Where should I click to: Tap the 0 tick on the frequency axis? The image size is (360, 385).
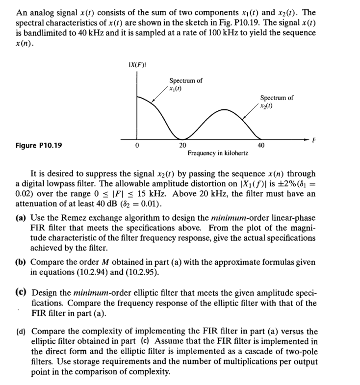coord(138,145)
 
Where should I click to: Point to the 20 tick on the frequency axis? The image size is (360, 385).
coord(182,145)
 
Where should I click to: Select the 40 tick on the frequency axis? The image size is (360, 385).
coord(261,145)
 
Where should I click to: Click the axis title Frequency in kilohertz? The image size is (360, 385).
coord(217,154)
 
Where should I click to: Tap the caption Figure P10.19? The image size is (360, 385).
coord(39,145)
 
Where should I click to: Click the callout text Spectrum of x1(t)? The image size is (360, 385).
coord(185,84)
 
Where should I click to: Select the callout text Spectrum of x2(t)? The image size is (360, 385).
coord(277,102)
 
